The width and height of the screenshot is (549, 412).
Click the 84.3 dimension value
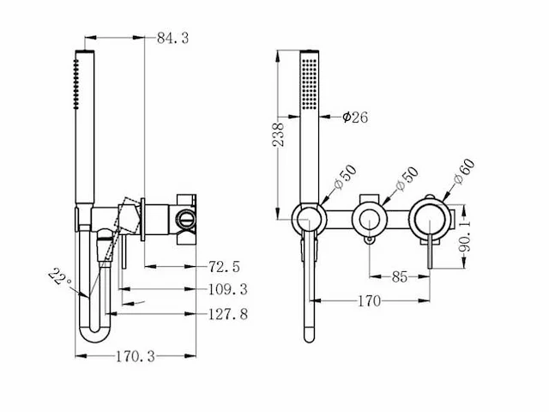coord(173,37)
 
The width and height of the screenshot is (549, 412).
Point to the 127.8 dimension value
coord(227,314)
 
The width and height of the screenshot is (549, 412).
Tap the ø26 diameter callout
coord(354,118)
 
